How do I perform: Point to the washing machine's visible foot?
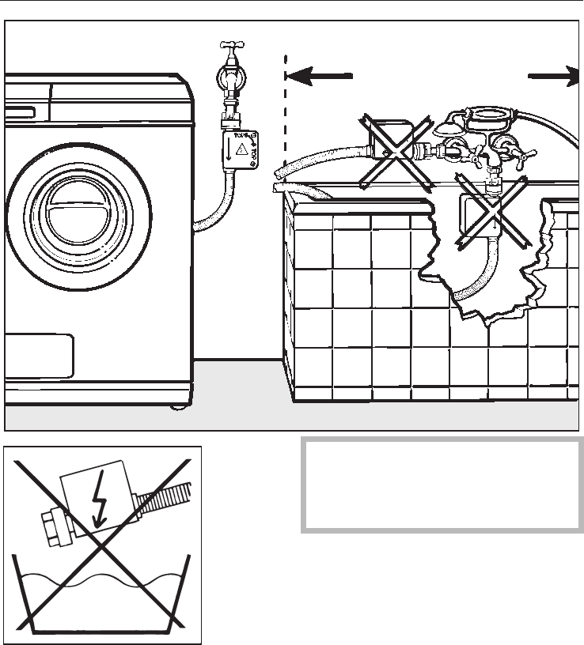pos(174,406)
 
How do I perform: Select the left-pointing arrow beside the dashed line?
pos(318,76)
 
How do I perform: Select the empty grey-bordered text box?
pos(441,485)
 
